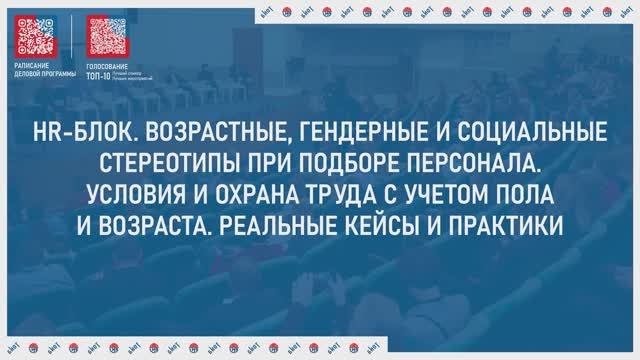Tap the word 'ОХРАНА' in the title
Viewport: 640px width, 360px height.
pos(264,190)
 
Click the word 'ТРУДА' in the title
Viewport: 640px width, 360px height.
pos(350,190)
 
